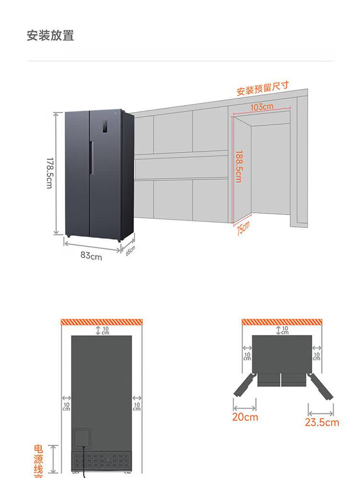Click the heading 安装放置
pos(50,36)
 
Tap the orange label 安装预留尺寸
pos(263,88)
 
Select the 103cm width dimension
pos(262,107)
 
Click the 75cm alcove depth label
pos(243,228)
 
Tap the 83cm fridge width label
pos(91,256)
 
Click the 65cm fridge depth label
pos(131,250)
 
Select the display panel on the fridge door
pos(104,127)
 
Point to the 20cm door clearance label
pos(245,417)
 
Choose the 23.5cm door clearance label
pos(322,422)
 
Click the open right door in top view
pos(321,387)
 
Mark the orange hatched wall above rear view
pos(102,322)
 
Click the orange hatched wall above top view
pos(281,321)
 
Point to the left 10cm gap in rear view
pos(66,404)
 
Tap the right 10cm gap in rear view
pos(137,404)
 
